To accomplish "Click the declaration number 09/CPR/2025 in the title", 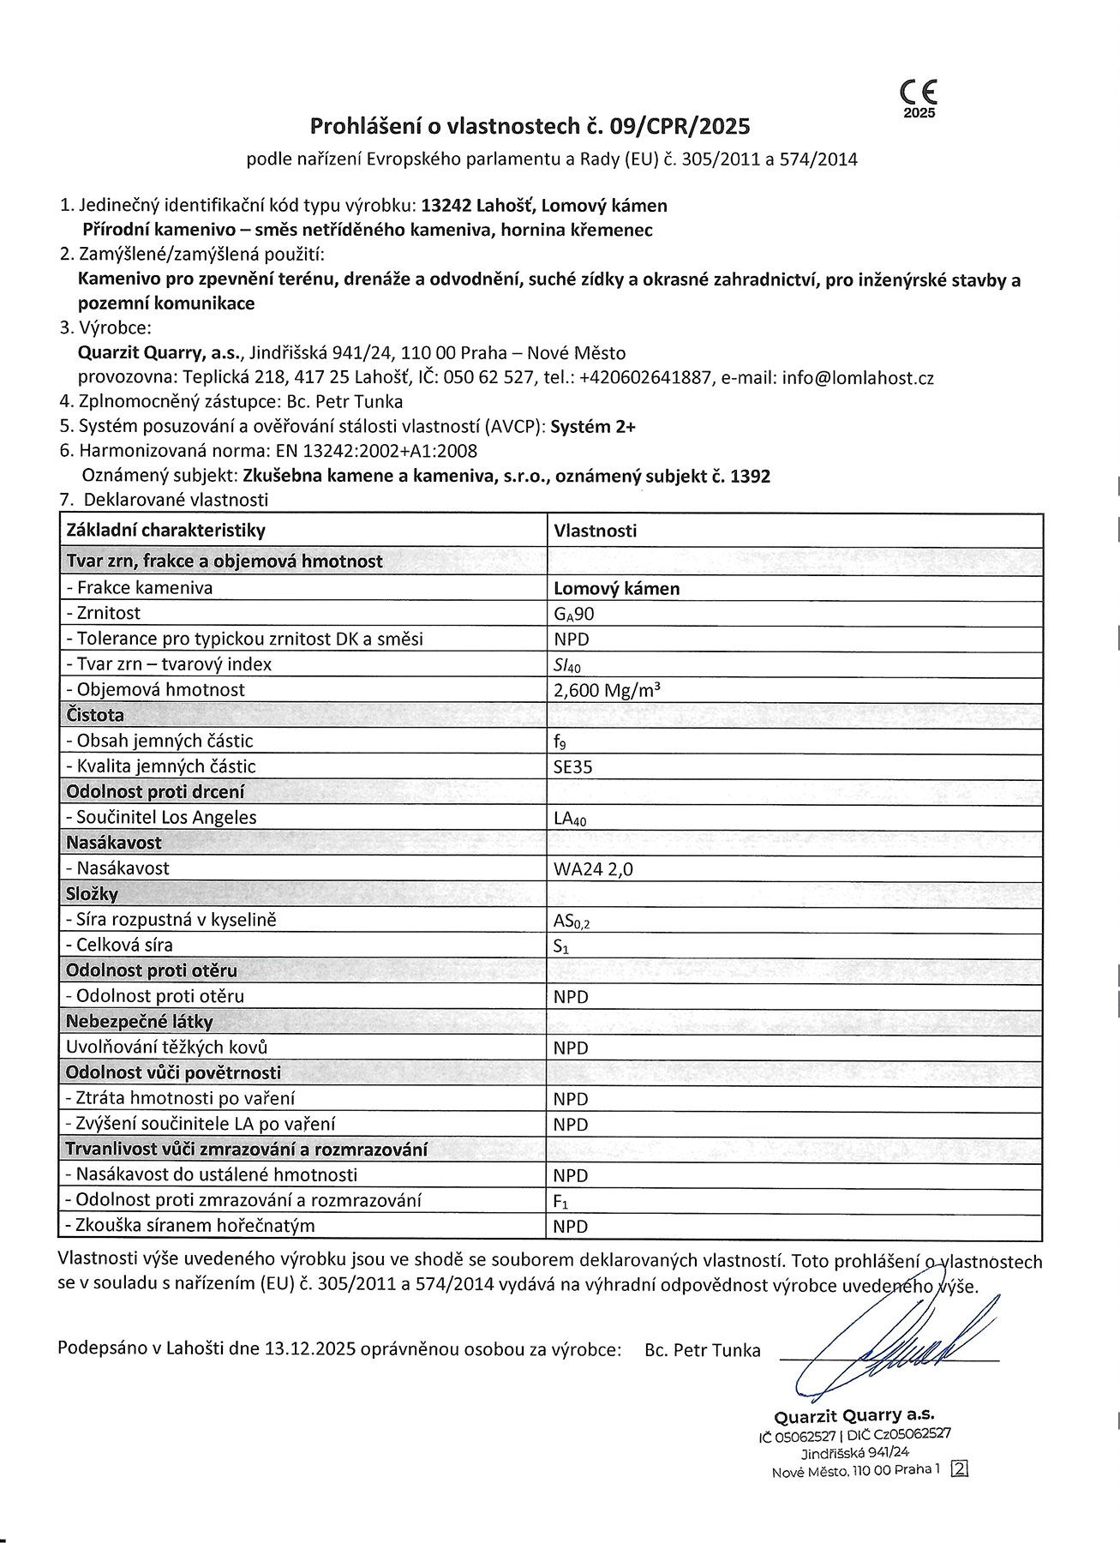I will point(680,127).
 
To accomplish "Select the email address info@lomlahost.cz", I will point(857,378).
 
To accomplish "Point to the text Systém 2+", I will point(593,427).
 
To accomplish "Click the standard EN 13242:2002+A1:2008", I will point(376,451).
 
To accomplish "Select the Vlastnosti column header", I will point(596,531).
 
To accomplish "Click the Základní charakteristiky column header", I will point(166,531).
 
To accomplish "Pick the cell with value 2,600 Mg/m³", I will point(607,690).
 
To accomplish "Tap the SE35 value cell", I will point(573,767).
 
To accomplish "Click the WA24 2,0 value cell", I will point(594,869).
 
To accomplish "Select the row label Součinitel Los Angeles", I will point(161,818).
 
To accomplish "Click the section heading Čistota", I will point(95,715).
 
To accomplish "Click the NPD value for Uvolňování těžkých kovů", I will point(571,1048).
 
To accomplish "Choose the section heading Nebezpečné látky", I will point(140,1022).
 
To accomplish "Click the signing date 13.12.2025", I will point(310,1350).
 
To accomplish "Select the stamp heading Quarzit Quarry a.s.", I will point(854,1415).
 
